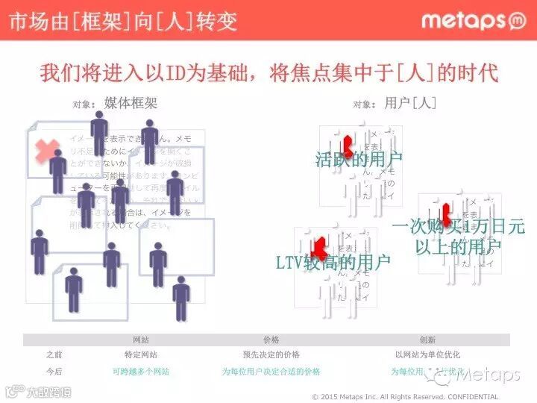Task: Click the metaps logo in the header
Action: [474, 20]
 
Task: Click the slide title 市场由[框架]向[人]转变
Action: [123, 21]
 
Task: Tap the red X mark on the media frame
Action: [48, 149]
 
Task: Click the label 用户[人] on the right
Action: [410, 103]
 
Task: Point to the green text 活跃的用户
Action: [359, 159]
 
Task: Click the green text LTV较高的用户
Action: [333, 262]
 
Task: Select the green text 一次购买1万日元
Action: [458, 225]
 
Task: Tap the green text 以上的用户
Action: [458, 246]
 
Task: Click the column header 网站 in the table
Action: [141, 340]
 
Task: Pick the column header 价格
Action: [271, 340]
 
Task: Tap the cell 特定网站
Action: [140, 355]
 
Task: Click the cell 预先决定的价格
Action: [271, 355]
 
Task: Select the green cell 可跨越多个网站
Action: [140, 371]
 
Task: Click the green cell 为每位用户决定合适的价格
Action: [271, 371]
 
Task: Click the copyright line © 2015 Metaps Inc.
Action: [405, 396]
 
